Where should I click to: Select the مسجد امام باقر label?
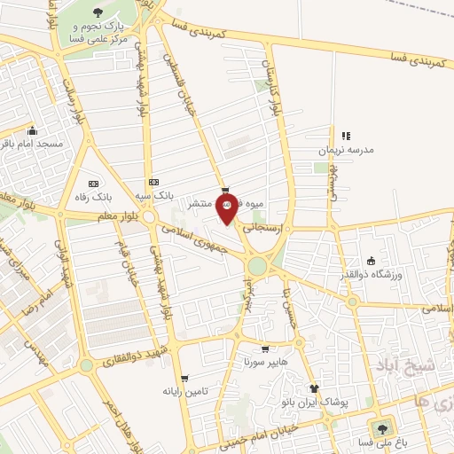pyautogui.click(x=31, y=143)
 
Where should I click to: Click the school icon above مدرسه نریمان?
pyautogui.click(x=347, y=136)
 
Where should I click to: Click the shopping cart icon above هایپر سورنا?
pyautogui.click(x=265, y=348)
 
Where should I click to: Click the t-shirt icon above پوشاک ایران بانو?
pyautogui.click(x=313, y=388)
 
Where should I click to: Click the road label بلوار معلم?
pyautogui.click(x=97, y=215)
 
